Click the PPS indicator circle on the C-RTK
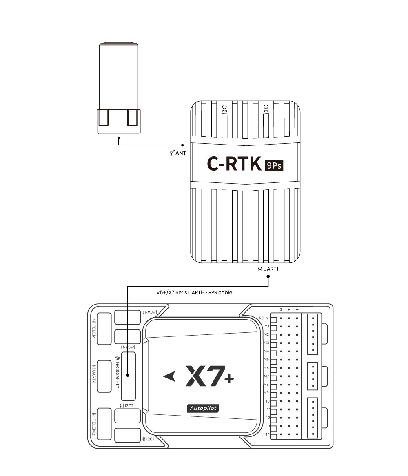tap(224, 107)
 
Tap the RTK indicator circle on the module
tap(266, 107)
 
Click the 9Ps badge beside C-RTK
tap(274, 165)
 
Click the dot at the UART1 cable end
tap(268, 276)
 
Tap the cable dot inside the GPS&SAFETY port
tap(128, 375)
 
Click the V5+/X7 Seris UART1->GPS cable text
tap(194, 292)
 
